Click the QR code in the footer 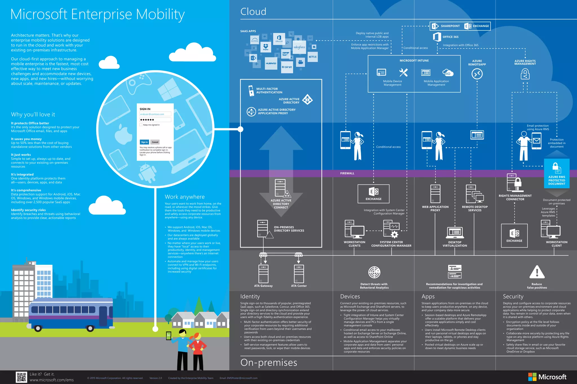point(21,377)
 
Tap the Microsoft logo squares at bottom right point(532,377)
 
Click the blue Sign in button point(144,142)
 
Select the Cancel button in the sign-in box point(155,142)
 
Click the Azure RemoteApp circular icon point(477,74)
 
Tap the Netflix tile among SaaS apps point(312,57)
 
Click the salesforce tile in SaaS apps point(299,47)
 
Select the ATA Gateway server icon point(263,274)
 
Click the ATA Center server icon point(299,274)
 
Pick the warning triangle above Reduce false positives point(537,272)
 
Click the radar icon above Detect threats point(374,272)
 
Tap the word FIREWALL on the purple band point(347,173)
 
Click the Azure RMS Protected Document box point(556,174)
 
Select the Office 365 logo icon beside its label point(437,37)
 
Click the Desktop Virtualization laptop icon point(455,233)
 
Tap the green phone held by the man point(169,336)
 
